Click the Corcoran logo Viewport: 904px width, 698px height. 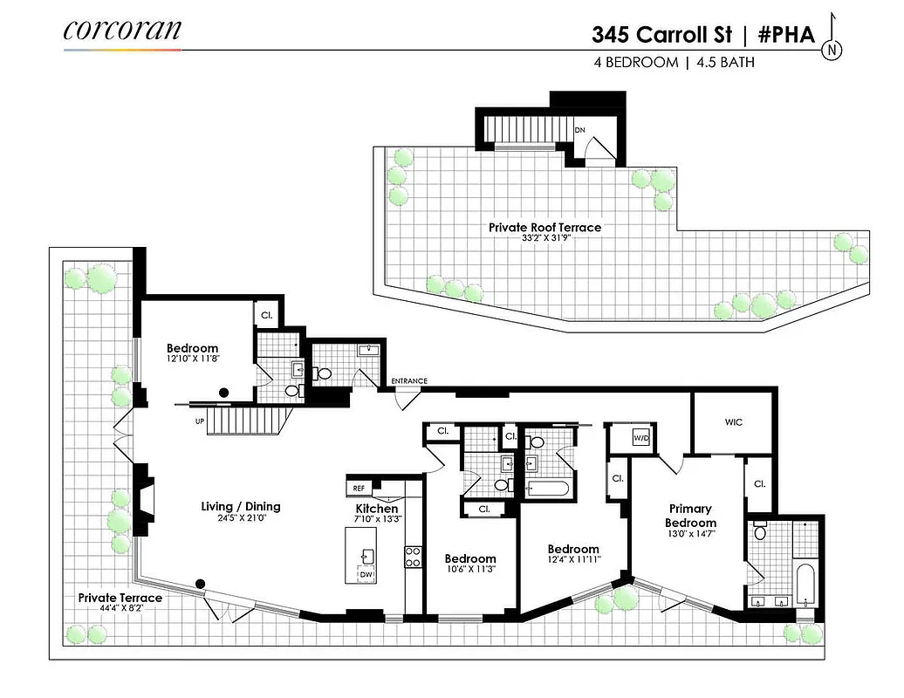pos(122,31)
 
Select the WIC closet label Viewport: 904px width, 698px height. pos(733,421)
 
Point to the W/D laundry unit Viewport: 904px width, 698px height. pos(640,438)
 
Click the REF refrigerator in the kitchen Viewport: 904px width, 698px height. pos(359,489)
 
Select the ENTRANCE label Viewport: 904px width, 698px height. pos(409,381)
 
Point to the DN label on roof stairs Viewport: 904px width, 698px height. pos(579,130)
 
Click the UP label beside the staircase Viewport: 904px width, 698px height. pos(200,421)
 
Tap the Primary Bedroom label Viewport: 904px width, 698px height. pos(690,515)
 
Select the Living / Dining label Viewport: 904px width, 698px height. pos(241,506)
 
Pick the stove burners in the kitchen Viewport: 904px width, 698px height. pos(413,557)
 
